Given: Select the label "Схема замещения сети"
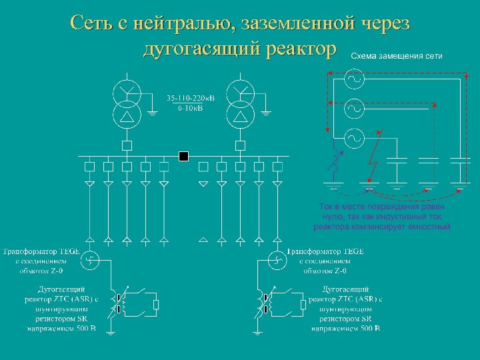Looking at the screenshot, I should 396,55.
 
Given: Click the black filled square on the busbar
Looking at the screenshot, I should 184,156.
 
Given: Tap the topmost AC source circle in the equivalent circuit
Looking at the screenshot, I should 353,79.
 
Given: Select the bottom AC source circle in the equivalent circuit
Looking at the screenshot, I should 353,139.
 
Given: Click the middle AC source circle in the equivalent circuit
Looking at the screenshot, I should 353,107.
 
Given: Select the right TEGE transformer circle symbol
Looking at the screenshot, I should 275,259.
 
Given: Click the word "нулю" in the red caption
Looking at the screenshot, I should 332,217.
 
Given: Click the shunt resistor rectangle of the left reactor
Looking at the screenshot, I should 156,305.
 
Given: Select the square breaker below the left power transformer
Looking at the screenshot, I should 127,145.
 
